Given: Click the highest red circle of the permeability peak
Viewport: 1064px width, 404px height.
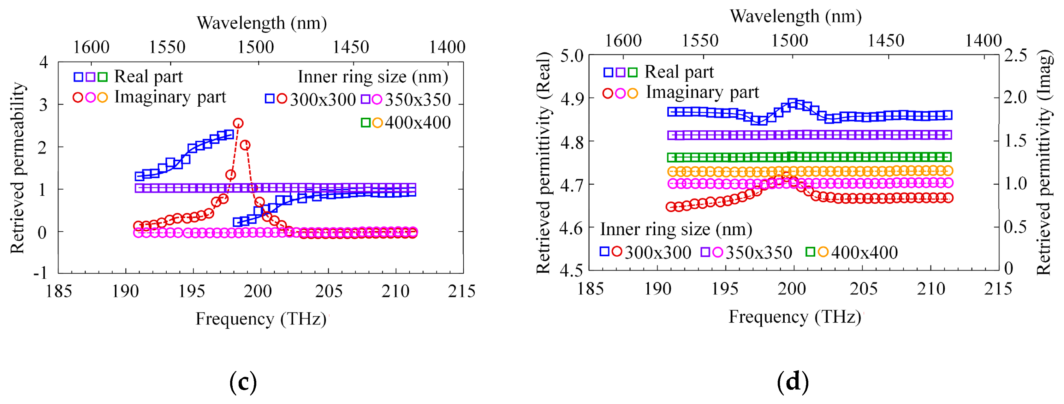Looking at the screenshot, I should [x=238, y=123].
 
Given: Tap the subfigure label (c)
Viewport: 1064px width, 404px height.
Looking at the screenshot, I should [x=243, y=382].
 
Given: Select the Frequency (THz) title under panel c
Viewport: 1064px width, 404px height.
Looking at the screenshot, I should [x=261, y=319].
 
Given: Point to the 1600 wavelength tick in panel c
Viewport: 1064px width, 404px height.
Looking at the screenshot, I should [x=91, y=47].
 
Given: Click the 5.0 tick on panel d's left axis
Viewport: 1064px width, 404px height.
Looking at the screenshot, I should [x=572, y=56].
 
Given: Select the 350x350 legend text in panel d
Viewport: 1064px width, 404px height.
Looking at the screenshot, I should [x=759, y=252].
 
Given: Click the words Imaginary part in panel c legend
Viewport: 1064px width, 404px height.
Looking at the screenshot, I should [x=170, y=97].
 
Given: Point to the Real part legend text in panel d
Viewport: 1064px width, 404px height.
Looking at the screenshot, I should [x=679, y=72].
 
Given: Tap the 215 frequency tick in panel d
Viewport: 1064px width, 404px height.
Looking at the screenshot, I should [x=998, y=289].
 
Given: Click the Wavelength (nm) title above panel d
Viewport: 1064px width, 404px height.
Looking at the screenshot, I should [x=795, y=16].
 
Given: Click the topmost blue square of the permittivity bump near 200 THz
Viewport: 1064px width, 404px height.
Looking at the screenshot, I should [x=792, y=103].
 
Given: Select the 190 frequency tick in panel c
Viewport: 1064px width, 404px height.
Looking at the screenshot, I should [x=125, y=291].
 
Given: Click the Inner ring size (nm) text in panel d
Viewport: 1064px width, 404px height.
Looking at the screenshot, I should [x=676, y=229].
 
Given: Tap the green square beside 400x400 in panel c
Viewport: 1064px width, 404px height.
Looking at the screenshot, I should [x=366, y=123].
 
